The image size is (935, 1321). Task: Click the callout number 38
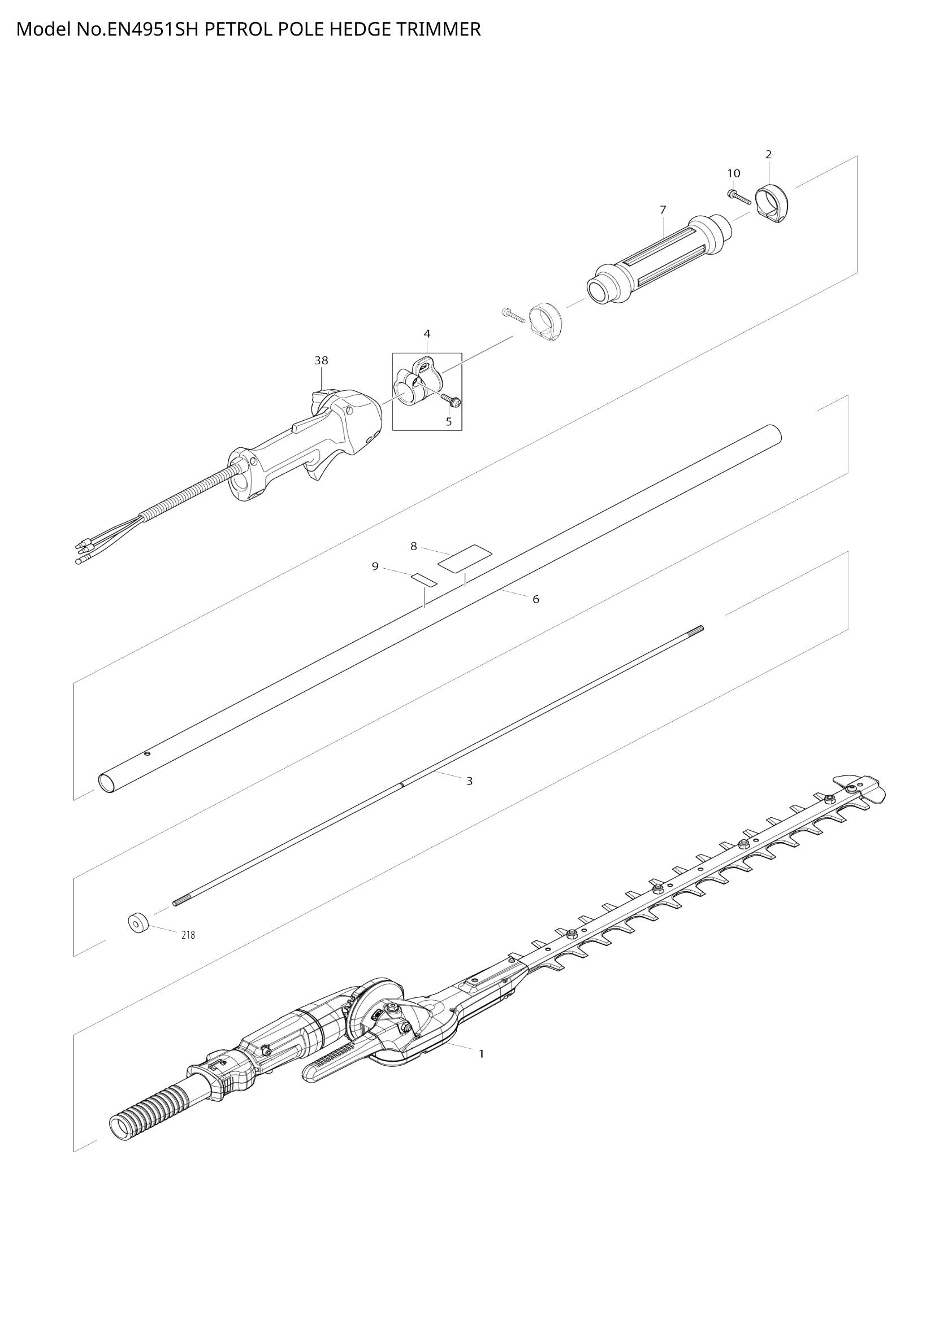(x=321, y=361)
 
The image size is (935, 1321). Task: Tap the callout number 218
(x=188, y=935)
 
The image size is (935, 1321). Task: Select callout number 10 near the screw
(x=734, y=173)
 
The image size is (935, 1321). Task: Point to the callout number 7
(x=663, y=210)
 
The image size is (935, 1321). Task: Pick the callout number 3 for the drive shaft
(x=469, y=781)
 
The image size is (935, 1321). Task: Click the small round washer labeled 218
(x=137, y=924)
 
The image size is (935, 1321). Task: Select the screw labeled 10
(x=740, y=198)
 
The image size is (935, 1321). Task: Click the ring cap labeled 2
(x=772, y=204)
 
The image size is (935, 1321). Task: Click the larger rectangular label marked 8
(x=465, y=557)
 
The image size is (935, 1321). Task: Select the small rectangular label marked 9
(x=425, y=578)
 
